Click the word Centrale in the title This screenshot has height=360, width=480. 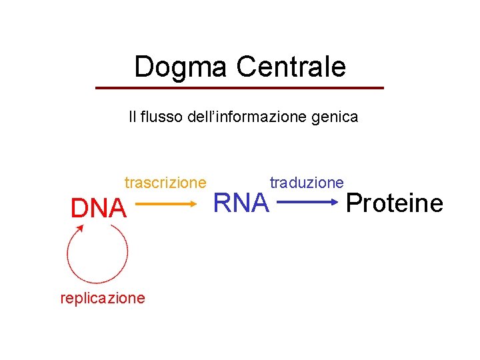291,67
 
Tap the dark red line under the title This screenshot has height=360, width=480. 240,88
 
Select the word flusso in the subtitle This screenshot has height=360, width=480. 160,117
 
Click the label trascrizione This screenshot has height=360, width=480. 165,183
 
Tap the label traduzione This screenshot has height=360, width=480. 307,183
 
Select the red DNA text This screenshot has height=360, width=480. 98,209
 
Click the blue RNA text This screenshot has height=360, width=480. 241,203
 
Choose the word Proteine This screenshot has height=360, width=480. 395,203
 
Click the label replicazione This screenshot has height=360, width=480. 102,298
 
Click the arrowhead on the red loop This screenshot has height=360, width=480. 80,228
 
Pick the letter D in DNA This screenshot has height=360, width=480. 80,209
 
